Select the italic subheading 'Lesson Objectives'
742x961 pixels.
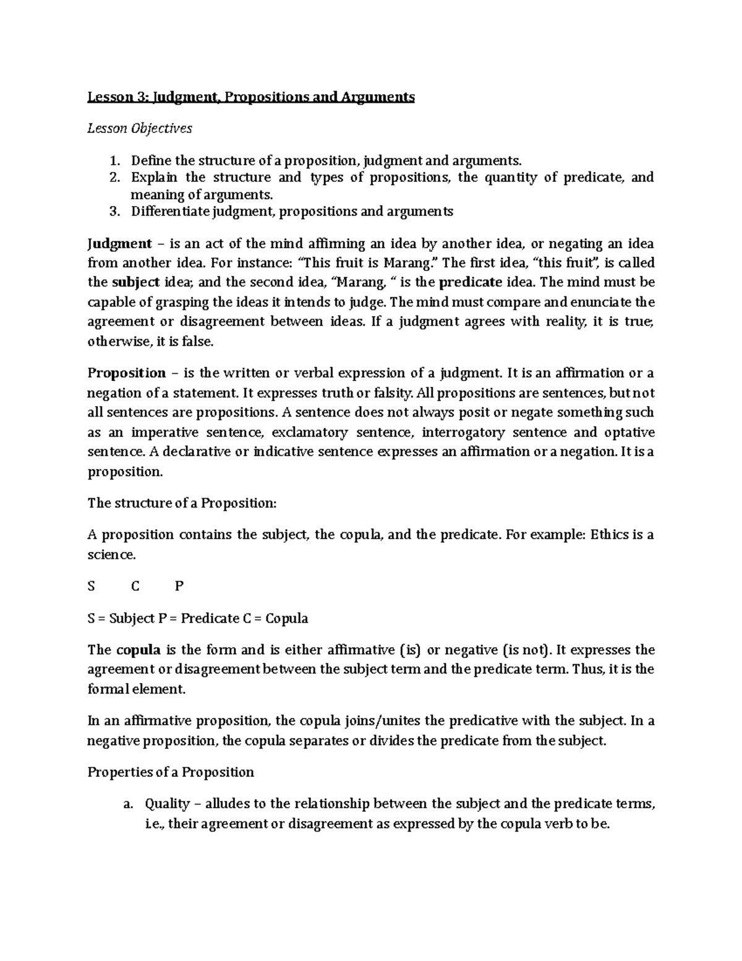pyautogui.click(x=140, y=128)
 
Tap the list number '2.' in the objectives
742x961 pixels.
pyautogui.click(x=115, y=178)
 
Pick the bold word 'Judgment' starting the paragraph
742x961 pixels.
pyautogui.click(x=119, y=243)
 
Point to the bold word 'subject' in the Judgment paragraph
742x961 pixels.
pyautogui.click(x=135, y=283)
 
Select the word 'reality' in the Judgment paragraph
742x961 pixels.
pyautogui.click(x=564, y=322)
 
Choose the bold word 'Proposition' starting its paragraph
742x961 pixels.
pyautogui.click(x=127, y=373)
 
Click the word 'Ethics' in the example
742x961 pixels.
pyautogui.click(x=610, y=535)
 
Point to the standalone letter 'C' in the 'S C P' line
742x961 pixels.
pyautogui.click(x=136, y=586)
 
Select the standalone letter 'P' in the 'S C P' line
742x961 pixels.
pyautogui.click(x=179, y=586)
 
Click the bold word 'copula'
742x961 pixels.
pyautogui.click(x=139, y=650)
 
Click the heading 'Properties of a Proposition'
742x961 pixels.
pyautogui.click(x=171, y=772)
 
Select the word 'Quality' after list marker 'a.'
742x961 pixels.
pyautogui.click(x=167, y=804)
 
